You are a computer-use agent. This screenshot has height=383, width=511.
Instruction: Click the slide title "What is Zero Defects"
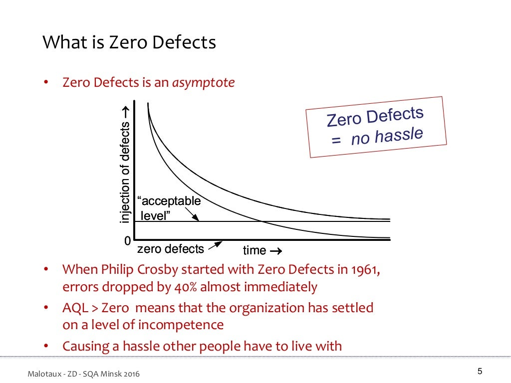coord(129,42)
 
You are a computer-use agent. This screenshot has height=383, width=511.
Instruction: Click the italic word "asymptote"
coord(203,82)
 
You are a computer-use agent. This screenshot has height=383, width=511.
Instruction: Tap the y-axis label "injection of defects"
coord(126,165)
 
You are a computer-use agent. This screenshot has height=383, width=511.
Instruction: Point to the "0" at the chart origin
coord(128,241)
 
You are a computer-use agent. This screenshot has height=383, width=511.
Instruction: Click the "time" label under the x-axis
coord(255,250)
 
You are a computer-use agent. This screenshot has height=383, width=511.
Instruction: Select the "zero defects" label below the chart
coord(171,249)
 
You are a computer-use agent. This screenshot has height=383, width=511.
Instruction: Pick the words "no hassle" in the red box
coord(387,136)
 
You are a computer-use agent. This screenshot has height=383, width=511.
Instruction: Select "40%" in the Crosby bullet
coord(188,287)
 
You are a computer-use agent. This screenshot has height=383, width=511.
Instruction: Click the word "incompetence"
coord(181,325)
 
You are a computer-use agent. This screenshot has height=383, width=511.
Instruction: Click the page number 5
coord(480,371)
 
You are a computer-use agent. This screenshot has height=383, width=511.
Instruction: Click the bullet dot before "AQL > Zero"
coord(46,308)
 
